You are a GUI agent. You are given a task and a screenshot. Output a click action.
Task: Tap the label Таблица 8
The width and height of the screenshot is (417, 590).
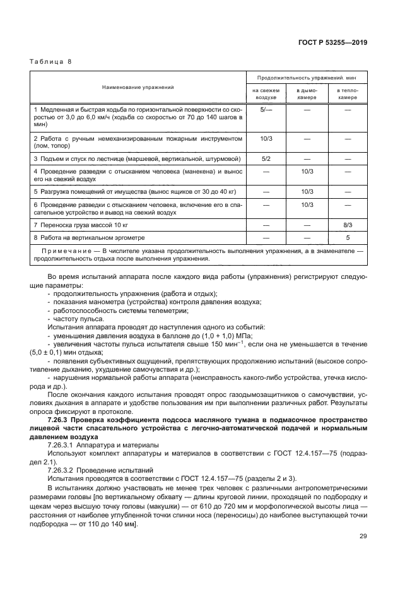point(52,62)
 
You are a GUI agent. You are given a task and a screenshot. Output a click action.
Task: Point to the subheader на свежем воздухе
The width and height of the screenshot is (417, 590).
point(266,94)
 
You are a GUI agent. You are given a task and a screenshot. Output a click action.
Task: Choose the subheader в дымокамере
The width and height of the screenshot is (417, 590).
point(307,94)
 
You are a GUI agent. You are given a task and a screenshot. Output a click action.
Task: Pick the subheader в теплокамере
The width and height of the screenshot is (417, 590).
point(347,94)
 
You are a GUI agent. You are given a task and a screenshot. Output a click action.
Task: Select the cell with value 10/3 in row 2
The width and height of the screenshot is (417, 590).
point(266,137)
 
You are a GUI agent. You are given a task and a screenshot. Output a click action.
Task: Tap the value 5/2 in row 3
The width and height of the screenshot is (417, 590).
point(266,158)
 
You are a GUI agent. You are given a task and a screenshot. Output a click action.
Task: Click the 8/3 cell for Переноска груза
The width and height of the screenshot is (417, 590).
point(347,224)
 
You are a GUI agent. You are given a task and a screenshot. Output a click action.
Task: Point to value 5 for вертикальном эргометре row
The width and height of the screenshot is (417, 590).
point(347,237)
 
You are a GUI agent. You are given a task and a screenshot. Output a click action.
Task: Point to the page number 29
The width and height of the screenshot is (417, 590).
point(363,536)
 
